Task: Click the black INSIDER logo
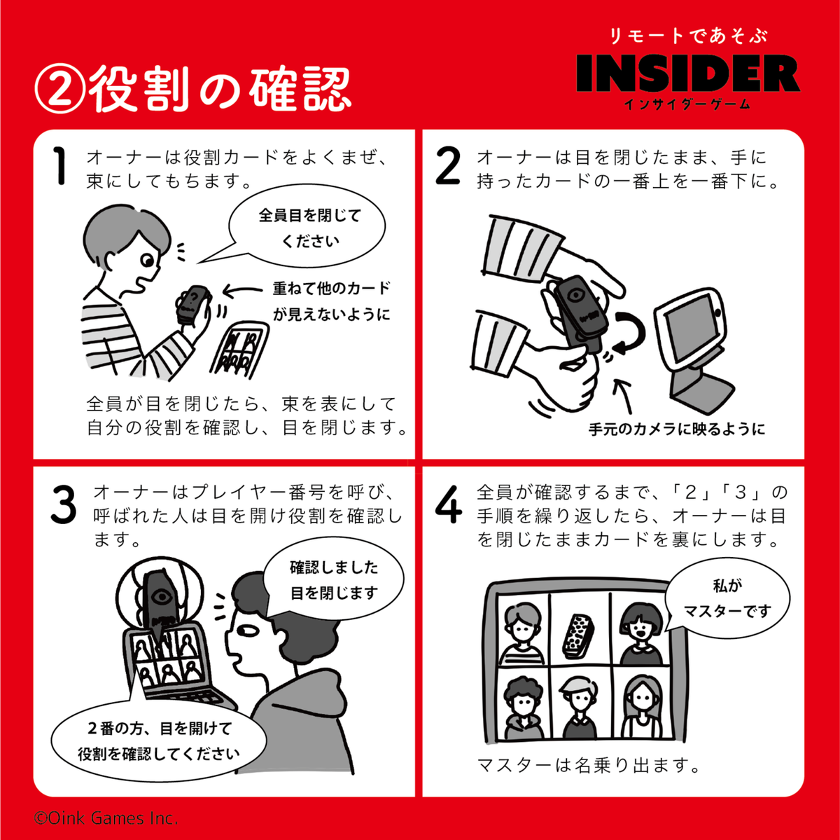click(x=688, y=73)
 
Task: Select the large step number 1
click(x=60, y=166)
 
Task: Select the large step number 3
click(x=64, y=504)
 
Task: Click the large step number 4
click(x=448, y=504)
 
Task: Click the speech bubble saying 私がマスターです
click(x=727, y=599)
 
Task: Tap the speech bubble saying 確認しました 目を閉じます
click(x=334, y=579)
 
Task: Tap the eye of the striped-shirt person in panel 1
click(x=147, y=261)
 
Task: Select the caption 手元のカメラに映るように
click(x=676, y=429)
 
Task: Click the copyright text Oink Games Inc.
click(x=106, y=818)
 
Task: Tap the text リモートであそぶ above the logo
click(x=688, y=36)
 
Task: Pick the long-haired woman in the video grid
click(x=640, y=707)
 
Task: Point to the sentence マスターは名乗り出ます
click(x=589, y=764)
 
